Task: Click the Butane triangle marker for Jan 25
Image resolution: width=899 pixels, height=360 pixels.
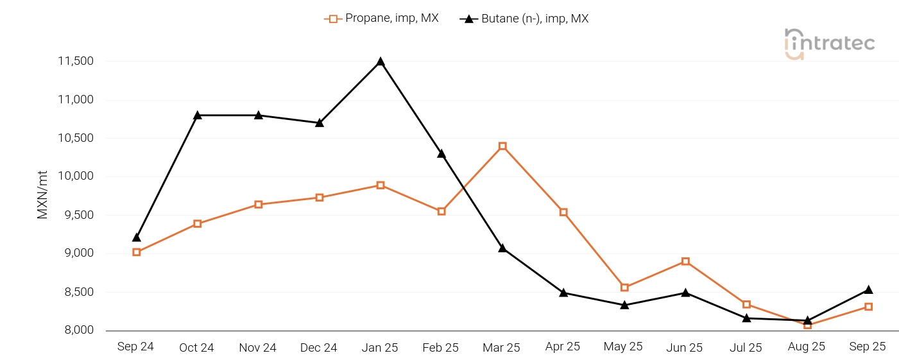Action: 381,62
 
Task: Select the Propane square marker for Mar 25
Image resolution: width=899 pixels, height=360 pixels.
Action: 502,146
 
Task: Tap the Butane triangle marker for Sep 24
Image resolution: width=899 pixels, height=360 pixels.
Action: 137,237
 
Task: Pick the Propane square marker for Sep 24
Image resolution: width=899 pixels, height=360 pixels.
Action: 137,252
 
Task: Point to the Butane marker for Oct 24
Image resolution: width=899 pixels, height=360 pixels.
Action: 198,116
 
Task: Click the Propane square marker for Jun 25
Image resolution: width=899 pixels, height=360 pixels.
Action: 685,261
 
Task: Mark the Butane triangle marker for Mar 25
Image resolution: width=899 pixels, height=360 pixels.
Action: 502,248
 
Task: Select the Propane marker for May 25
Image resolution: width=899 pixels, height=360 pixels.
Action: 624,287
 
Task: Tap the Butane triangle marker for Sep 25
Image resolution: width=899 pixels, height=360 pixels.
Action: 868,290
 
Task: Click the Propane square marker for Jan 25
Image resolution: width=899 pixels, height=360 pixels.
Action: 381,185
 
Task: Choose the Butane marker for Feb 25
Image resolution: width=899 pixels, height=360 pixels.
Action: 441,154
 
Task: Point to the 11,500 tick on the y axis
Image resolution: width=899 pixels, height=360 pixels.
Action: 76,62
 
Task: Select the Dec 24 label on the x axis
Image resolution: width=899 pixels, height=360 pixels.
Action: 319,348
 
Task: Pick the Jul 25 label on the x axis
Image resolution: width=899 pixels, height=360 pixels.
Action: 746,348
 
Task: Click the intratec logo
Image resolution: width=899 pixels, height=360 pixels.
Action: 829,44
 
